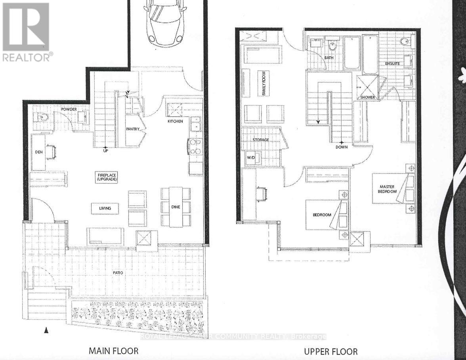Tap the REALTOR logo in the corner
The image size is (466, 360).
tap(26, 32)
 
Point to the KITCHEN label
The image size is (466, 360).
tap(175, 121)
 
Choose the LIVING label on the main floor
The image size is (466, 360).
tap(105, 208)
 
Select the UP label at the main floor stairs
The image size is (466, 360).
tap(105, 150)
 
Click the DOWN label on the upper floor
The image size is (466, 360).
tap(341, 147)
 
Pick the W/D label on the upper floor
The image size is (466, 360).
tap(251, 158)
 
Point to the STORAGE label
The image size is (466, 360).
tap(261, 140)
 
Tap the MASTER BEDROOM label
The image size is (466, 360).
tap(388, 189)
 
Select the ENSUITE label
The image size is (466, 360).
tap(392, 63)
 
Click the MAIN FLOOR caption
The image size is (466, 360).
tap(113, 350)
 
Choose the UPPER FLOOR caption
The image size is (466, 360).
tap(330, 351)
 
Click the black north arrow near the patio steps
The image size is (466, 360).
tap(46, 330)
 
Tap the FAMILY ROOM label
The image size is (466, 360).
tap(262, 83)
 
